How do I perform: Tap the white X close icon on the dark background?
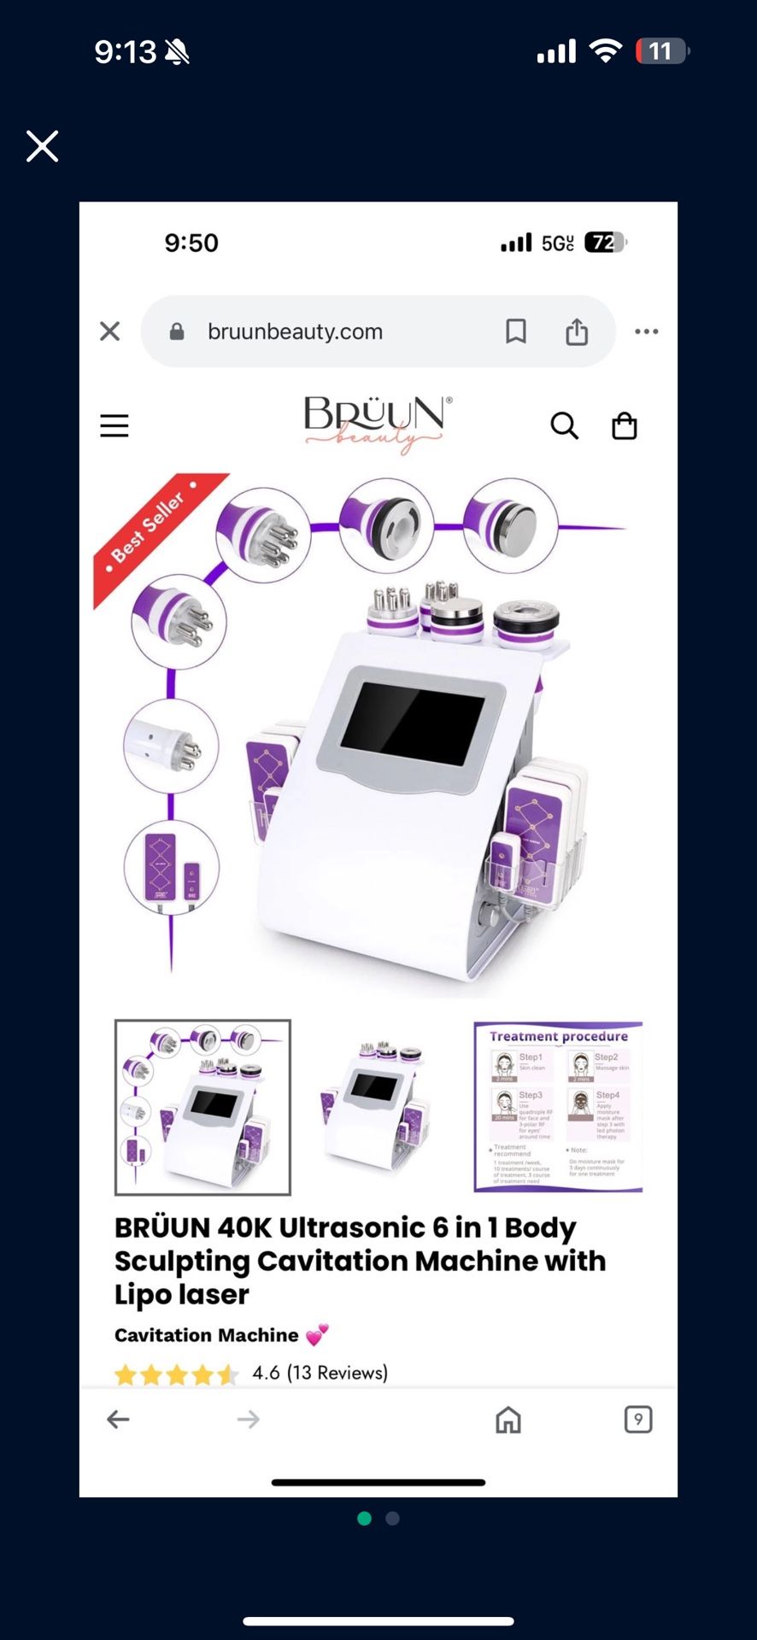42,146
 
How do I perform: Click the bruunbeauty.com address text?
295,331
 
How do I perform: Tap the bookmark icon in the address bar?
516,331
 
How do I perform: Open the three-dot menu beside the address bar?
647,331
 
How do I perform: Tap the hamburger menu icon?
114,425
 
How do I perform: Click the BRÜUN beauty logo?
376,423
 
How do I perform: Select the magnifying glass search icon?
564,425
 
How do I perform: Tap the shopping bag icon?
625,425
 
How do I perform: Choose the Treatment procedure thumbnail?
558,1106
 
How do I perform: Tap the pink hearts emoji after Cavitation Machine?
317,1335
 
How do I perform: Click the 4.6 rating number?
266,1373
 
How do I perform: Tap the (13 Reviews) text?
337,1373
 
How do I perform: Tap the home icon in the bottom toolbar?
508,1420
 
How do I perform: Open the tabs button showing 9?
638,1420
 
